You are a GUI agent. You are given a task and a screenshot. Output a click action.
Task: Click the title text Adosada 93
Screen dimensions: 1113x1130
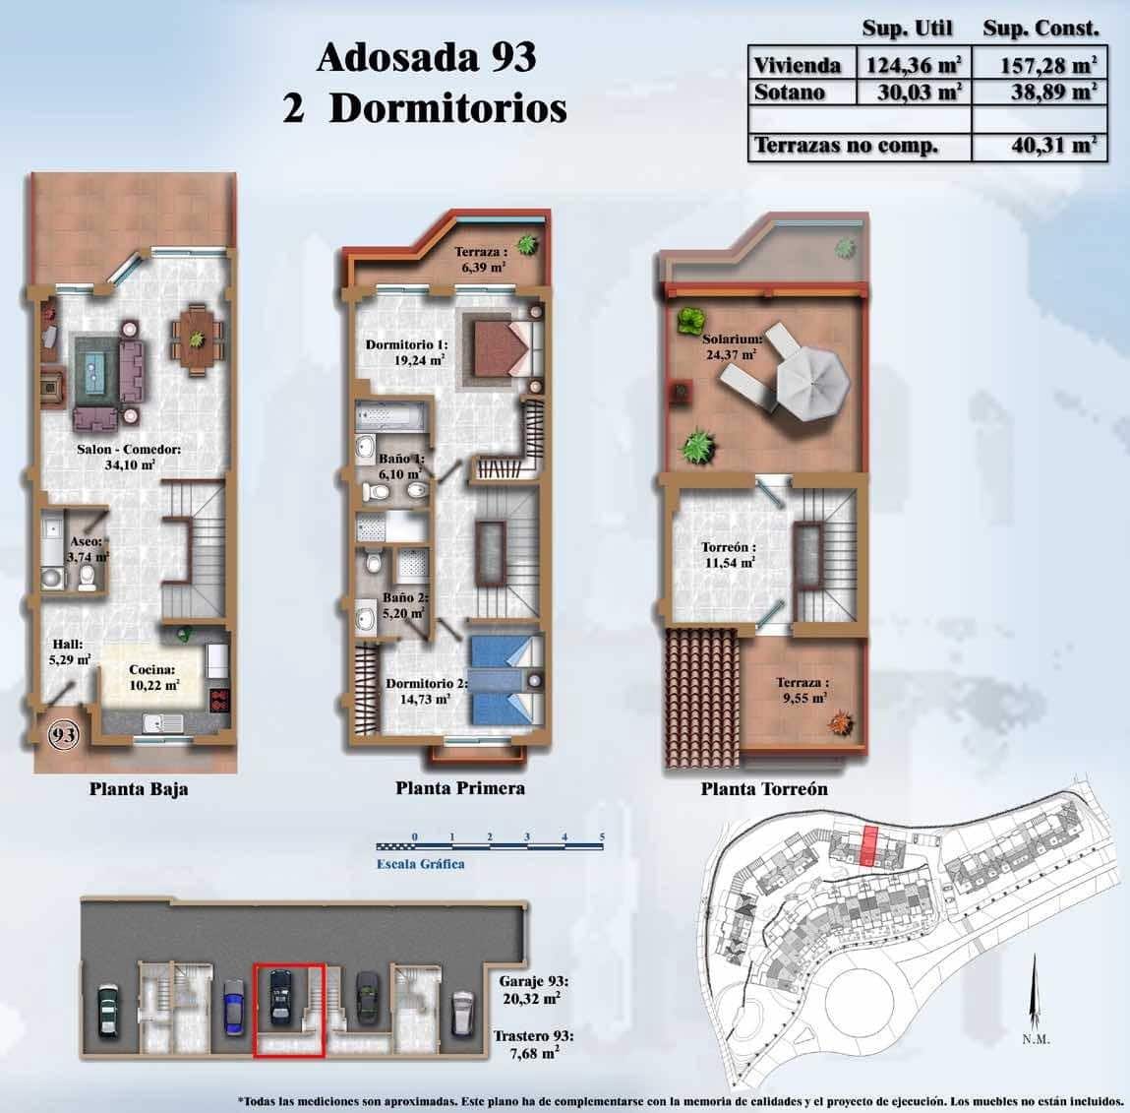pyautogui.click(x=425, y=58)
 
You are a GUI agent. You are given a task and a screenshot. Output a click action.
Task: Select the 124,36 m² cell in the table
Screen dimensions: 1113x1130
pyautogui.click(x=912, y=66)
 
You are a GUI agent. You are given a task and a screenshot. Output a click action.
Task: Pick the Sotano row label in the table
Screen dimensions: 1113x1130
pyautogui.click(x=789, y=93)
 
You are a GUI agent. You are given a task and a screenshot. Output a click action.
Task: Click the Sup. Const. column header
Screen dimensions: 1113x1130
pyautogui.click(x=1041, y=28)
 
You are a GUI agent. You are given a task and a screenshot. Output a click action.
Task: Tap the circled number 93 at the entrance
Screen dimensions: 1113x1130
pyautogui.click(x=65, y=734)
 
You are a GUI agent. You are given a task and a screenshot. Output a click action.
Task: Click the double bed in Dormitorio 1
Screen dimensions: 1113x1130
pyautogui.click(x=508, y=346)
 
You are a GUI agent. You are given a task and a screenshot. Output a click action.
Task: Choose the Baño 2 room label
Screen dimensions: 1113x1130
pyautogui.click(x=403, y=604)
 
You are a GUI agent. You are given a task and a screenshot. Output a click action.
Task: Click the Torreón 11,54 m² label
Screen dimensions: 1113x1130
pyautogui.click(x=728, y=555)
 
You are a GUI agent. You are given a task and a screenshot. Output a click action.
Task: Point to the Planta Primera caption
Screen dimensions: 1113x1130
pyautogui.click(x=459, y=787)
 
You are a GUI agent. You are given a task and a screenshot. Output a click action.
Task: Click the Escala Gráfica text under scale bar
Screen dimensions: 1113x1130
pyautogui.click(x=419, y=864)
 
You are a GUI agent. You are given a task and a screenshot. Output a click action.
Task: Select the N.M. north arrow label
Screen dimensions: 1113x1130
pyautogui.click(x=1035, y=1039)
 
